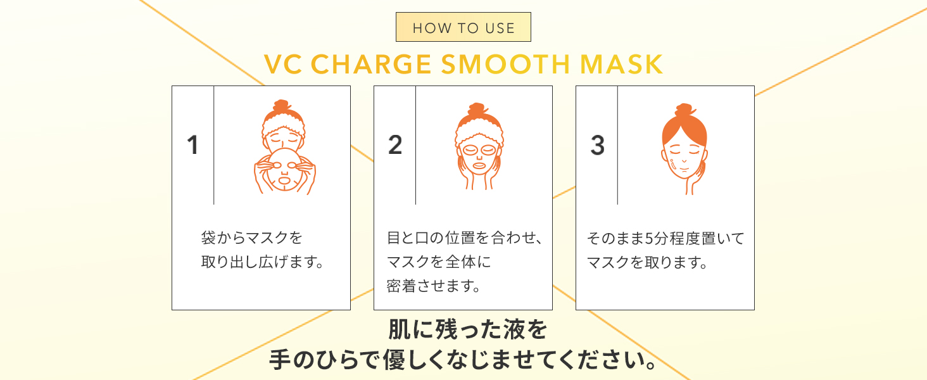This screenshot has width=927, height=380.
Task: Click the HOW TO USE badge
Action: tap(463, 27)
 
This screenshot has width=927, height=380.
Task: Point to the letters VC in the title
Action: tap(283, 65)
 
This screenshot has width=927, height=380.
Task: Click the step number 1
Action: tap(192, 145)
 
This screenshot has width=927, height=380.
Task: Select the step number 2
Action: tap(394, 145)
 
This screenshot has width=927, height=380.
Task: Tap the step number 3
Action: tap(597, 145)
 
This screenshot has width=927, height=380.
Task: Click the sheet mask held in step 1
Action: tap(283, 171)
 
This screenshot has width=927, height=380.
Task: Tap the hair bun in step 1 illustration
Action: tap(282, 106)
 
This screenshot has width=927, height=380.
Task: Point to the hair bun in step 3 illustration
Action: tap(684, 111)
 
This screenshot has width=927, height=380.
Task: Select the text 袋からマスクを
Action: tap(251, 239)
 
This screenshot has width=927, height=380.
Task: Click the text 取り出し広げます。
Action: tap(262, 262)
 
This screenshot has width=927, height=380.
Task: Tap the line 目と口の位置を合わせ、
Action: tap(465, 239)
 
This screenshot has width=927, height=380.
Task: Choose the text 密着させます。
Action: tap(433, 285)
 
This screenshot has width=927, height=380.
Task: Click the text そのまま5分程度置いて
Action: tap(665, 239)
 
